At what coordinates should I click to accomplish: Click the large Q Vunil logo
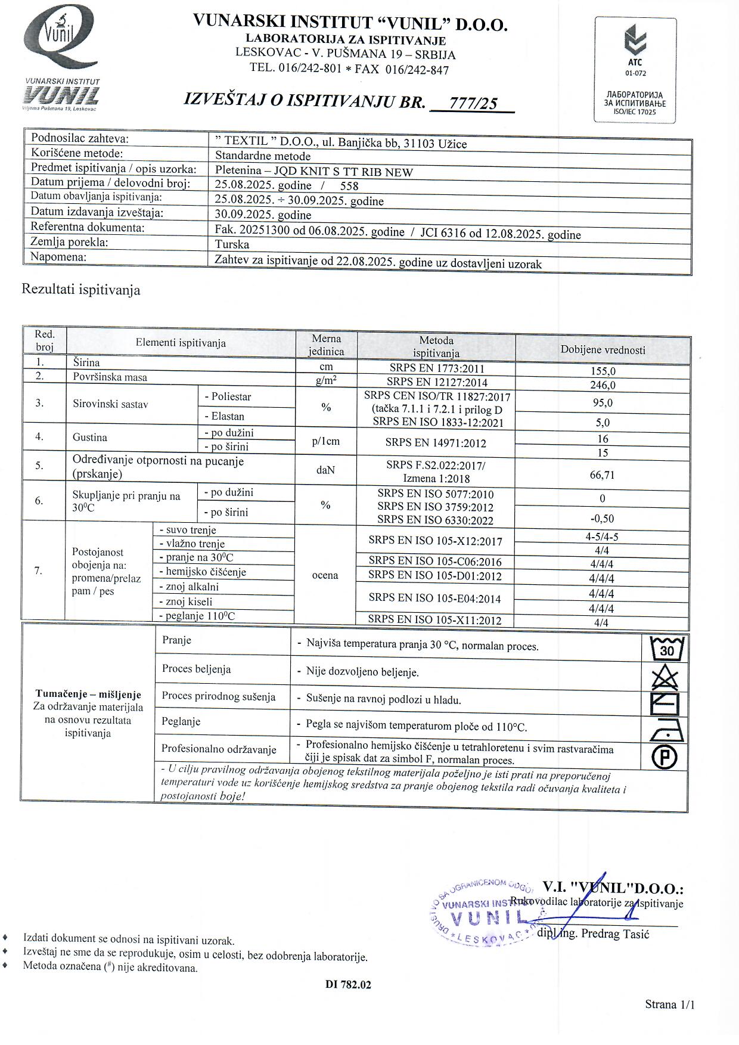[60, 40]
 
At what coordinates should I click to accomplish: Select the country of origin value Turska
[232, 244]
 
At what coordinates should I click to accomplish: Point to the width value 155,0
[603, 371]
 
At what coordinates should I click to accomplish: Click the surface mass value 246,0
[603, 385]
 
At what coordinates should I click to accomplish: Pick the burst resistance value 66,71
[603, 475]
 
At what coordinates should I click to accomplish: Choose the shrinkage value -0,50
[603, 519]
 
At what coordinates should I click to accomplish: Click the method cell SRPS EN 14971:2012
[436, 443]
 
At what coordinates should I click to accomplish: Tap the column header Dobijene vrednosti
[603, 350]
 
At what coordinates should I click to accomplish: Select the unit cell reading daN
[325, 470]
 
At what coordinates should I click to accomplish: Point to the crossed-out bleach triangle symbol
[666, 678]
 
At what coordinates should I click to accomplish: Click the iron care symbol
[666, 730]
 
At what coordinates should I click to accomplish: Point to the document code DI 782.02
[348, 985]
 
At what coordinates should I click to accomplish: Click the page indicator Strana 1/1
[669, 1004]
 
